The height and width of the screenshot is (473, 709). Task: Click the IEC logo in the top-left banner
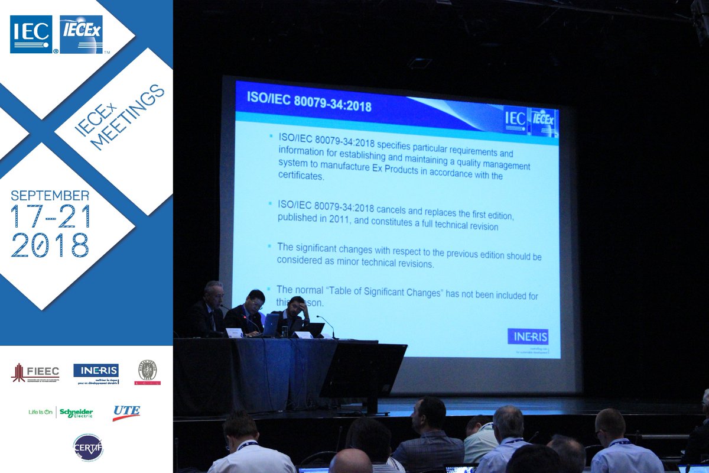pos(31,34)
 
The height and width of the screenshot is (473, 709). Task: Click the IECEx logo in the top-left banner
pos(81,34)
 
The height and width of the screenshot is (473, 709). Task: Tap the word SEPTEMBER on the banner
pos(50,196)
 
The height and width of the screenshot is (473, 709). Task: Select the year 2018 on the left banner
pos(50,244)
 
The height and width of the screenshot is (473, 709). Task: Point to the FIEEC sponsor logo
pos(35,372)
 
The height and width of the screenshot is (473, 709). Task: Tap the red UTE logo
pos(126,412)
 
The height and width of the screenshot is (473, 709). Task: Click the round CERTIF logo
pos(87,448)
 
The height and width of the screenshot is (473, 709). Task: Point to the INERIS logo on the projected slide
pos(528,336)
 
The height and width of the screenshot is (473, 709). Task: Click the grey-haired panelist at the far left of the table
pos(210,307)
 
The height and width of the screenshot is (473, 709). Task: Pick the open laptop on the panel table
pos(270,325)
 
